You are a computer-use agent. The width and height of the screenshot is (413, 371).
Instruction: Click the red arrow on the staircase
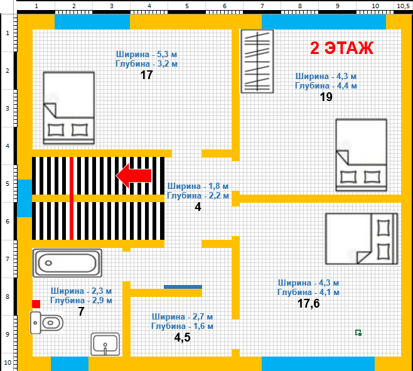tap(134, 176)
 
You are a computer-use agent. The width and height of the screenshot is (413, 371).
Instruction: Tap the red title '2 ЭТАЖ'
tap(341, 48)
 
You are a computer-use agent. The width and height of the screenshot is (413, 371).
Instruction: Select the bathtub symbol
tap(67, 263)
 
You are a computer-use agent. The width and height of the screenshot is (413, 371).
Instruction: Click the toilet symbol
tap(46, 323)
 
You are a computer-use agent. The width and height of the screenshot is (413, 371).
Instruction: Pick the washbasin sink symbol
tap(105, 344)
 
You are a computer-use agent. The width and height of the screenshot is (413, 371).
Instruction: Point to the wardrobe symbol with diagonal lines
tap(257, 61)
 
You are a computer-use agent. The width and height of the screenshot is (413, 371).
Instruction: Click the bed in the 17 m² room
tap(69, 108)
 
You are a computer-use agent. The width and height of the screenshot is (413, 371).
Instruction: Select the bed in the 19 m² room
tap(361, 155)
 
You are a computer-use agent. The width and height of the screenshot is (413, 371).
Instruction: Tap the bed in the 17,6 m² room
tap(362, 239)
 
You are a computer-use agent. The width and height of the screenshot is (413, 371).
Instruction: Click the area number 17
tap(146, 75)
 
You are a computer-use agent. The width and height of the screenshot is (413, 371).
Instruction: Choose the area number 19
tap(326, 97)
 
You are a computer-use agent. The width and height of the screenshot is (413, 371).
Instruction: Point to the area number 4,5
tap(182, 338)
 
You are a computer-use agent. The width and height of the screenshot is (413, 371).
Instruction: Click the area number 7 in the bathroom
tap(81, 312)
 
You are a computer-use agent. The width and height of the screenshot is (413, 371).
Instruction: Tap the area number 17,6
tap(308, 304)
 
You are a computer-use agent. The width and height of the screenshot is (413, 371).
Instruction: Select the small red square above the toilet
tap(36, 304)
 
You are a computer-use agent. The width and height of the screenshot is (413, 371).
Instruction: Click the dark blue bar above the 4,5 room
tap(183, 287)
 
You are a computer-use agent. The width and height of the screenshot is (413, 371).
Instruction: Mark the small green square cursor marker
tap(358, 333)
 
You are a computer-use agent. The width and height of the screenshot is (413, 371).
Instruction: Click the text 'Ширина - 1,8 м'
tap(198, 186)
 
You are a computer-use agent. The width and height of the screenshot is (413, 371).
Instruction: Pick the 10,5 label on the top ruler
tap(403, 6)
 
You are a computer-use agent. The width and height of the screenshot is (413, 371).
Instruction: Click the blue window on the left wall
tap(24, 198)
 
